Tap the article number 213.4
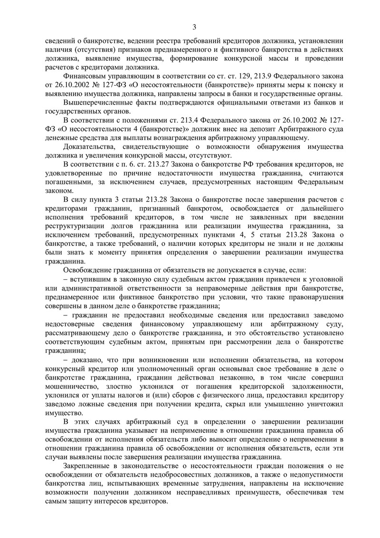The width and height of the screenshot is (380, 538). tap(181, 118)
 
